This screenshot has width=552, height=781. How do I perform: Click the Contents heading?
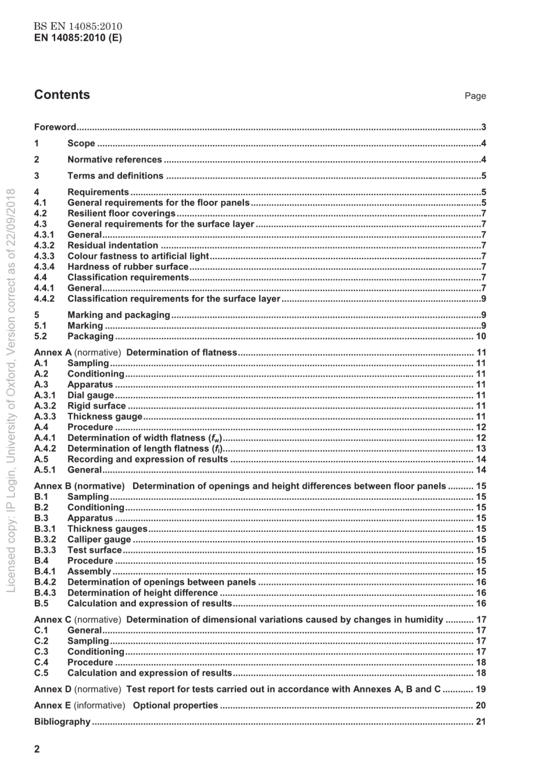62,95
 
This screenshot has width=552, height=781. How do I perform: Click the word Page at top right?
475,96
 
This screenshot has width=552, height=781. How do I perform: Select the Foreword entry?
55,127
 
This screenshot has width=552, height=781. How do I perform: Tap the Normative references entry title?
114,160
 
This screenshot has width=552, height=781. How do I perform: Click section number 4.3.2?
44,246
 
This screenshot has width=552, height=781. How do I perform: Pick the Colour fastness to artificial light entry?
138,256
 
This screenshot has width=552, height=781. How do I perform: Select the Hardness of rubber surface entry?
128,267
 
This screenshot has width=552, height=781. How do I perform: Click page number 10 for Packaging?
481,336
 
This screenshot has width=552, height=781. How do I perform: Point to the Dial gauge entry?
91,395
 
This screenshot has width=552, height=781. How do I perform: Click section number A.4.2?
45,449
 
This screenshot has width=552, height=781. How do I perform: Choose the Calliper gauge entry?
99,539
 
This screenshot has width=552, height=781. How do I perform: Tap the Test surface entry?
95,550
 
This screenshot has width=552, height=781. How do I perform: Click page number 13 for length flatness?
481,449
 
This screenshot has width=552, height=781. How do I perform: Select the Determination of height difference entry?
142,593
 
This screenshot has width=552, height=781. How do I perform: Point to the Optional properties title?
175,706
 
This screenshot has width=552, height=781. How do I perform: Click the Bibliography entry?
62,722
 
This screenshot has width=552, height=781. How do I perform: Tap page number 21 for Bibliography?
481,722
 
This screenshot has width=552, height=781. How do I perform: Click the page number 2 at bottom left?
37,749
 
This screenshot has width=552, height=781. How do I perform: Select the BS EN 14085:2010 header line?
78,27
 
